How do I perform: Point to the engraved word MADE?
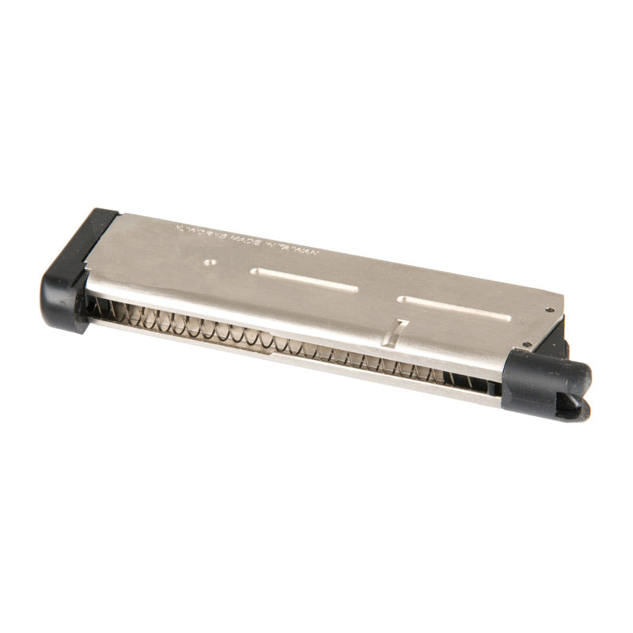pyautogui.click(x=242, y=239)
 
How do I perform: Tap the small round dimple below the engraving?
pyautogui.click(x=209, y=261)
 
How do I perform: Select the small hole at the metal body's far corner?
pyautogui.click(x=550, y=309)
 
